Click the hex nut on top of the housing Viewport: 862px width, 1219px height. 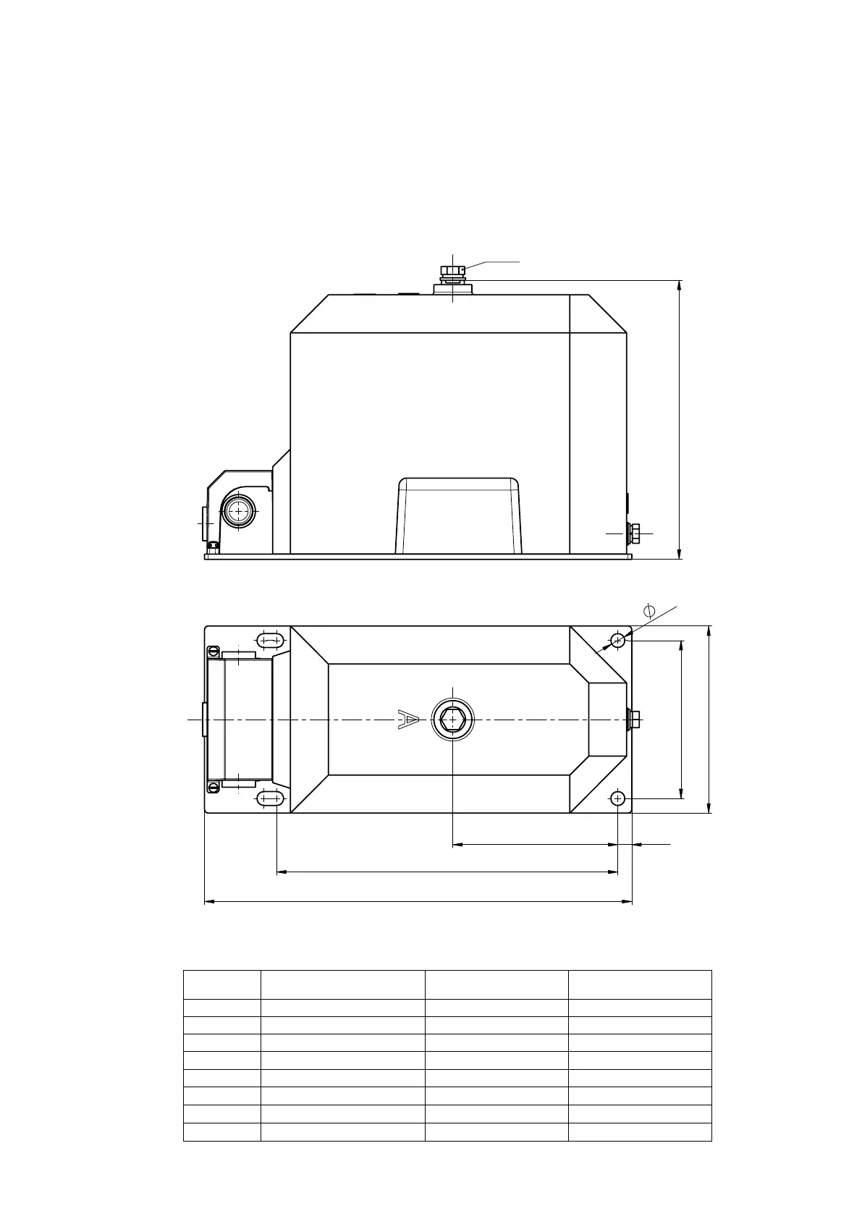(452, 271)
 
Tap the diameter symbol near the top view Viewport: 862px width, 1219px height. (649, 611)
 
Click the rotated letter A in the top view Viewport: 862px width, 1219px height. (408, 720)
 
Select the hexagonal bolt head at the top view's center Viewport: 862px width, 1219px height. (452, 720)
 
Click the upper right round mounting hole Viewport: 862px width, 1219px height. (617, 641)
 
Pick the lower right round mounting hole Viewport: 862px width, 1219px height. (617, 799)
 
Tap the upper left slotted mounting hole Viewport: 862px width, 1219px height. (270, 641)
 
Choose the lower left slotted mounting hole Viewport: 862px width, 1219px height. (270, 799)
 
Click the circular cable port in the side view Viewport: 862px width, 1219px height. (238, 512)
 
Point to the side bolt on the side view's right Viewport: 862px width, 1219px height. (634, 533)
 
